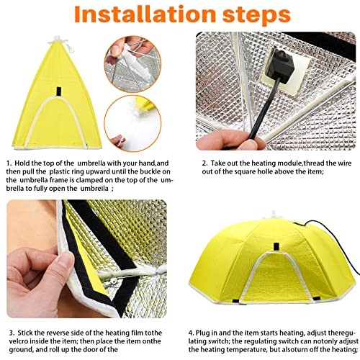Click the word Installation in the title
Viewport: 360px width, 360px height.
145,14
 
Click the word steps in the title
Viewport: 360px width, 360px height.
257,16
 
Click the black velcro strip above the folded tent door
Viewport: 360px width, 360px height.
59,91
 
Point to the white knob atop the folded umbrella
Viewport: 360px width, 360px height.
57,40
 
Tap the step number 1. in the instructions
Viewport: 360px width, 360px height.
9,163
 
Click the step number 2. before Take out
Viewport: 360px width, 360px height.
204,163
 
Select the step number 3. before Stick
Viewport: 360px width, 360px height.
12,333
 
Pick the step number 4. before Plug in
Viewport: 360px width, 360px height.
192,333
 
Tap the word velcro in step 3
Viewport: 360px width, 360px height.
19,341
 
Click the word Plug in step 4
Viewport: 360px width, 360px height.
203,333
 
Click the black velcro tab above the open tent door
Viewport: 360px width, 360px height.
276,247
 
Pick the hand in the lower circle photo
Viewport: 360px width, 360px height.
118,141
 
